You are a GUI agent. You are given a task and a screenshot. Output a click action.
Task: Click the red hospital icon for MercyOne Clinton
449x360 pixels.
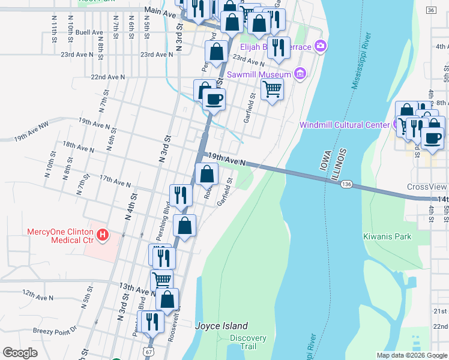pos(103,234)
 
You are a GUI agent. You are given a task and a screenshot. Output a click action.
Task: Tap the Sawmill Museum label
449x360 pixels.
pos(259,75)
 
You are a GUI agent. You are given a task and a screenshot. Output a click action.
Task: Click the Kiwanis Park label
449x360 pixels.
pos(387,236)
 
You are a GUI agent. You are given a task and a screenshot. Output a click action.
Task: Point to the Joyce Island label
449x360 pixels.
pos(221,326)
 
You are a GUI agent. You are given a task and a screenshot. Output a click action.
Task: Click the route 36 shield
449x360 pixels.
pos(431,11)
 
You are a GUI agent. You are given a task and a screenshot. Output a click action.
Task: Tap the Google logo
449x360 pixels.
pos(20,353)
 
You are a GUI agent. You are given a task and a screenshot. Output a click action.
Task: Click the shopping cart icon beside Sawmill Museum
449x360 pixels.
pos(272,89)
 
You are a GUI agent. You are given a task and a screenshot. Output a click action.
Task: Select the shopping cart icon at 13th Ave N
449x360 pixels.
pos(161,280)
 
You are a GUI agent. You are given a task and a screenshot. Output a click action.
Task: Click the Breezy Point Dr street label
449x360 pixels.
pos(56,329)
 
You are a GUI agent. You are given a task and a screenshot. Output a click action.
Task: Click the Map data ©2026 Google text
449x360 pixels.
pos(411,355)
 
